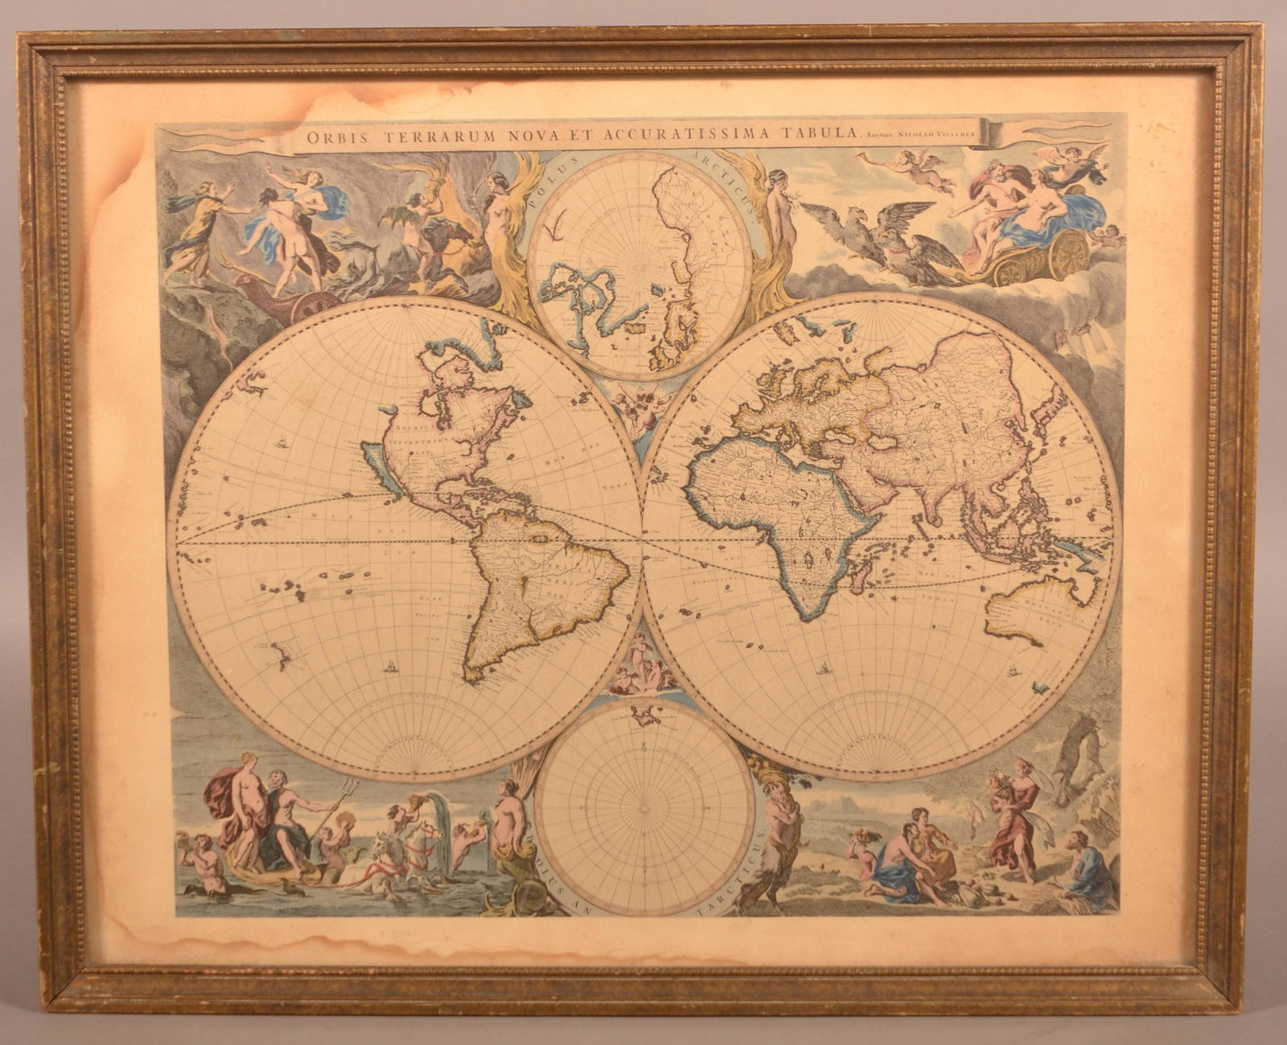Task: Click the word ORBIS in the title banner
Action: [x=331, y=137]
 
